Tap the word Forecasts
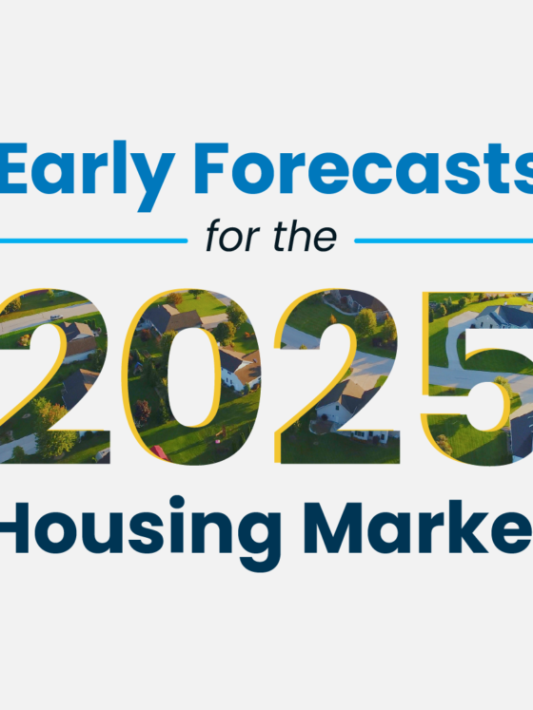tap(362, 171)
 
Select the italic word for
tap(233, 236)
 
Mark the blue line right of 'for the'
tap(444, 240)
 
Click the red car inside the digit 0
tap(161, 452)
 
